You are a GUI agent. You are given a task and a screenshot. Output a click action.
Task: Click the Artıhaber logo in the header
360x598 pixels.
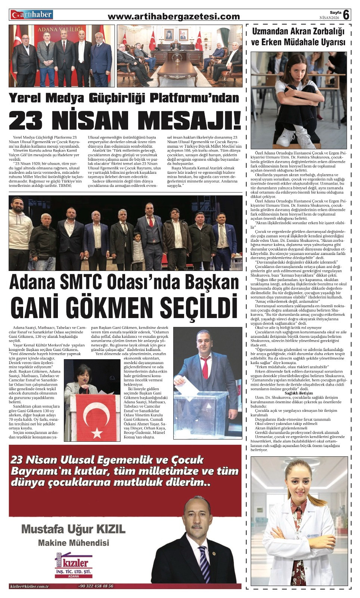pyautogui.click(x=31, y=15)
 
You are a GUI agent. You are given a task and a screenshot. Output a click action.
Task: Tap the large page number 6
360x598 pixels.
pyautogui.click(x=346, y=15)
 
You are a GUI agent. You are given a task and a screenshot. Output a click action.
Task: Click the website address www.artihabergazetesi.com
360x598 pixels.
pyautogui.click(x=174, y=16)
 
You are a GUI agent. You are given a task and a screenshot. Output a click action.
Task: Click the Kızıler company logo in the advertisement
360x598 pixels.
pyautogui.click(x=74, y=564)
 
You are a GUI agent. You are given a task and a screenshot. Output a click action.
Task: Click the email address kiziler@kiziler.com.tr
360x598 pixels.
pyautogui.click(x=30, y=586)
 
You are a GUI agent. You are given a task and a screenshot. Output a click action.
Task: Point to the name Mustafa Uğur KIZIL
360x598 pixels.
pyautogui.click(x=73, y=529)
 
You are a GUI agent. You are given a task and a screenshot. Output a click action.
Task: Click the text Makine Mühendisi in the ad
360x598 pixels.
pyautogui.click(x=73, y=543)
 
